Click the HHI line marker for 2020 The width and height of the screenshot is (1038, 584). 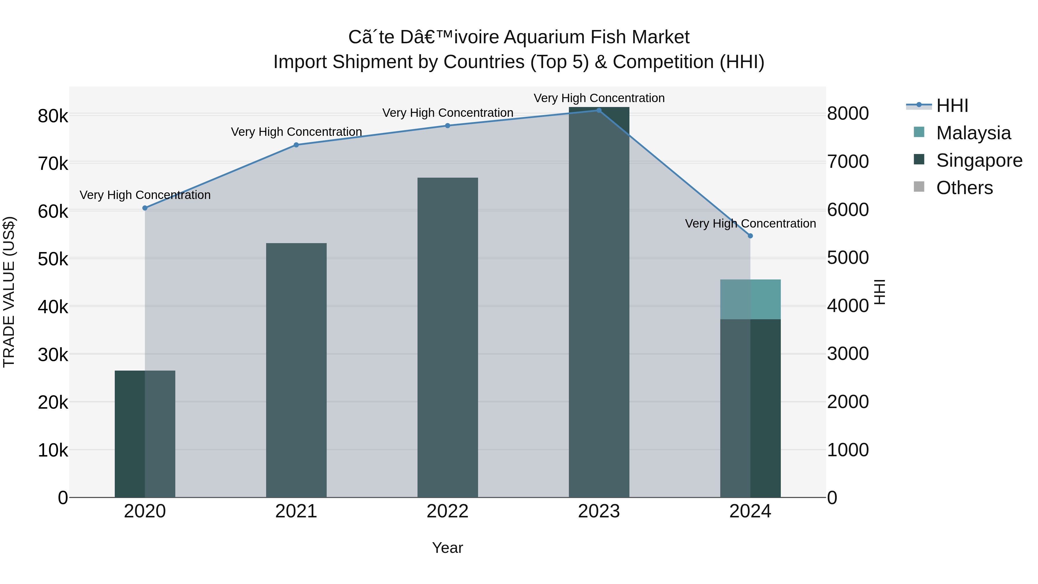(x=145, y=208)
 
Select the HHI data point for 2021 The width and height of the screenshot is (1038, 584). (x=296, y=145)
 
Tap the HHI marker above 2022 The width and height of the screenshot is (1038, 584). (x=448, y=126)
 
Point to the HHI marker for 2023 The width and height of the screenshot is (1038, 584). (x=599, y=110)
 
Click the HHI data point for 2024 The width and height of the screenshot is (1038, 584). (x=750, y=236)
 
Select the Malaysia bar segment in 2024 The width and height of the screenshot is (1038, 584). (x=750, y=299)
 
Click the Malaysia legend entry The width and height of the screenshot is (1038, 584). (x=973, y=133)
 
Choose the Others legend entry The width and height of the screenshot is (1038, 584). (x=964, y=188)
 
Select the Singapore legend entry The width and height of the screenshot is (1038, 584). (x=979, y=160)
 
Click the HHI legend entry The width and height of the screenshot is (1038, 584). (x=952, y=106)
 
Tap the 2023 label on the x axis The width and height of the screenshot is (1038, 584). (x=599, y=511)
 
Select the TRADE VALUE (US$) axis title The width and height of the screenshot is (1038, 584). (x=9, y=292)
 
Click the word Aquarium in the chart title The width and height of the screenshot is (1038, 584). (x=544, y=37)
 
